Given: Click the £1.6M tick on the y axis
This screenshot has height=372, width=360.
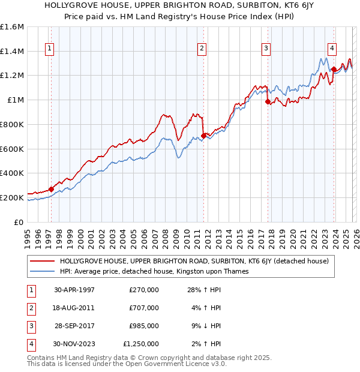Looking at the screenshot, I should pyautogui.click(x=12, y=27).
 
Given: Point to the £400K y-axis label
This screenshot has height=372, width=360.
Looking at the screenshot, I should pyautogui.click(x=12, y=173).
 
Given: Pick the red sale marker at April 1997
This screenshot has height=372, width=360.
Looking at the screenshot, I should pyautogui.click(x=52, y=189).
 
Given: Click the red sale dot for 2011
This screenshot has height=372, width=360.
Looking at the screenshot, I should pyautogui.click(x=203, y=136).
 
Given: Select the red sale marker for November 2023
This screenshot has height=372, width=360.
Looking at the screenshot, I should pyautogui.click(x=334, y=70).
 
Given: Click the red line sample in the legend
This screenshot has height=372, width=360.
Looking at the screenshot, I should pyautogui.click(x=43, y=262).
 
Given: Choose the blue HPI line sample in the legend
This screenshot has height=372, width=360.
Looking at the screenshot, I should pyautogui.click(x=43, y=271).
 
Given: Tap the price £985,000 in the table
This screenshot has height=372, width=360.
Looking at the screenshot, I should pyautogui.click(x=144, y=326).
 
